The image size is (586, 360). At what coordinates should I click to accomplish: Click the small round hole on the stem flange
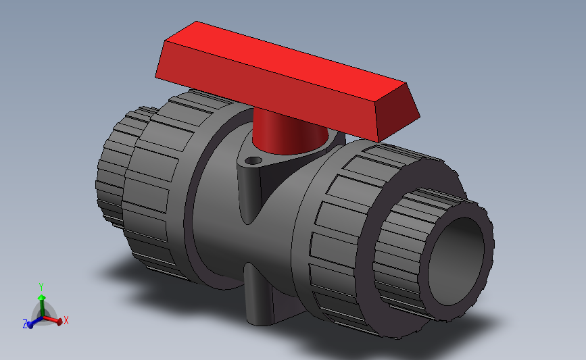click(x=253, y=161)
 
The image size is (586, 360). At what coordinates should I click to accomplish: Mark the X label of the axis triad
click(x=66, y=320)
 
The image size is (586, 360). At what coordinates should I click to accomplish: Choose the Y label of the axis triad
click(x=41, y=286)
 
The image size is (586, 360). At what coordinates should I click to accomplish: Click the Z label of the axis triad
click(x=25, y=324)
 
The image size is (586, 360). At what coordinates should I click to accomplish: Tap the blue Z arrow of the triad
click(x=32, y=322)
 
